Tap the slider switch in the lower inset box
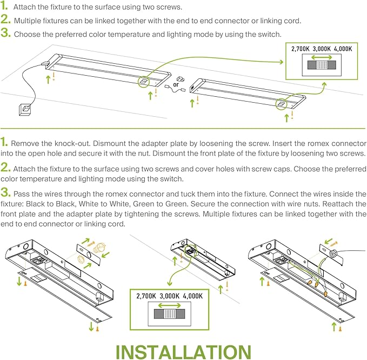pyautogui.click(x=170, y=314)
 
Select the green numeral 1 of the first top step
pyautogui.click(x=5, y=8)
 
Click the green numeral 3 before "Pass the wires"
pyautogui.click(x=5, y=192)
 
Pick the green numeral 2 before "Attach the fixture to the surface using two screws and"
pyautogui.click(x=5, y=169)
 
